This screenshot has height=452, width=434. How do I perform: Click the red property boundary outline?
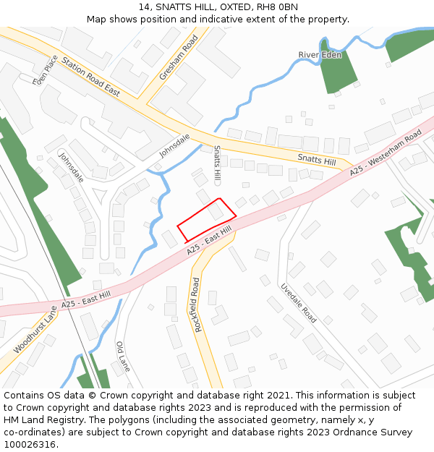click(x=207, y=219)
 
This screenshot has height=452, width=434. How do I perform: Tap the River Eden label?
click(x=319, y=55)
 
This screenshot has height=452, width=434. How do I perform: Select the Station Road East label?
click(x=90, y=77)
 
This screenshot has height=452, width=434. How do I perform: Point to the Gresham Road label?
click(x=169, y=56)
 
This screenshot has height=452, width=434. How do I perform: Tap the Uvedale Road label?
click(x=299, y=303)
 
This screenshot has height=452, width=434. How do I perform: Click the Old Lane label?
click(x=124, y=357)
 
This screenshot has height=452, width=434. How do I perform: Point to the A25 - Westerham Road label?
click(x=386, y=153)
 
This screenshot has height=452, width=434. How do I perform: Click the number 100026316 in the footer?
click(x=31, y=444)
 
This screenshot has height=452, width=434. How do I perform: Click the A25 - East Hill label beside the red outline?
click(x=209, y=240)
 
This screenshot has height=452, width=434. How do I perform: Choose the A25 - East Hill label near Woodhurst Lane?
click(x=86, y=300)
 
